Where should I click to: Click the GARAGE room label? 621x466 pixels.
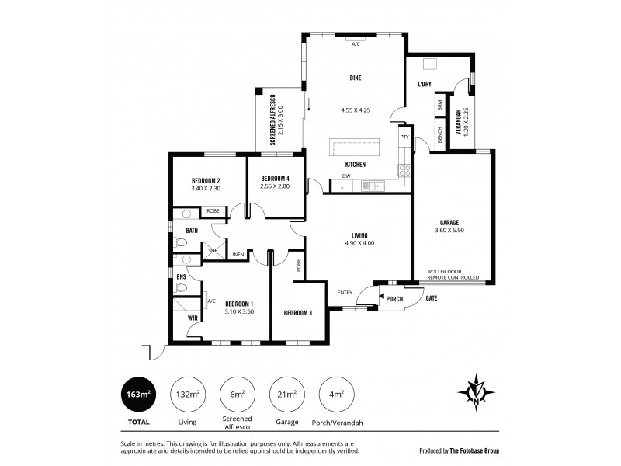[x=449, y=221]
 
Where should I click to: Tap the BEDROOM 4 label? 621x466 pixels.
[x=276, y=178]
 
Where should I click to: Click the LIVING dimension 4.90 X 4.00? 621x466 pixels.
[x=359, y=243]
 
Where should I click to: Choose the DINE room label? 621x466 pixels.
[x=355, y=78]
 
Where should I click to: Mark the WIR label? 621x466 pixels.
[x=193, y=318]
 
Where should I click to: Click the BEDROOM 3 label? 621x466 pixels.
[x=298, y=313]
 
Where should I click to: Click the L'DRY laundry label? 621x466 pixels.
[x=425, y=84]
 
